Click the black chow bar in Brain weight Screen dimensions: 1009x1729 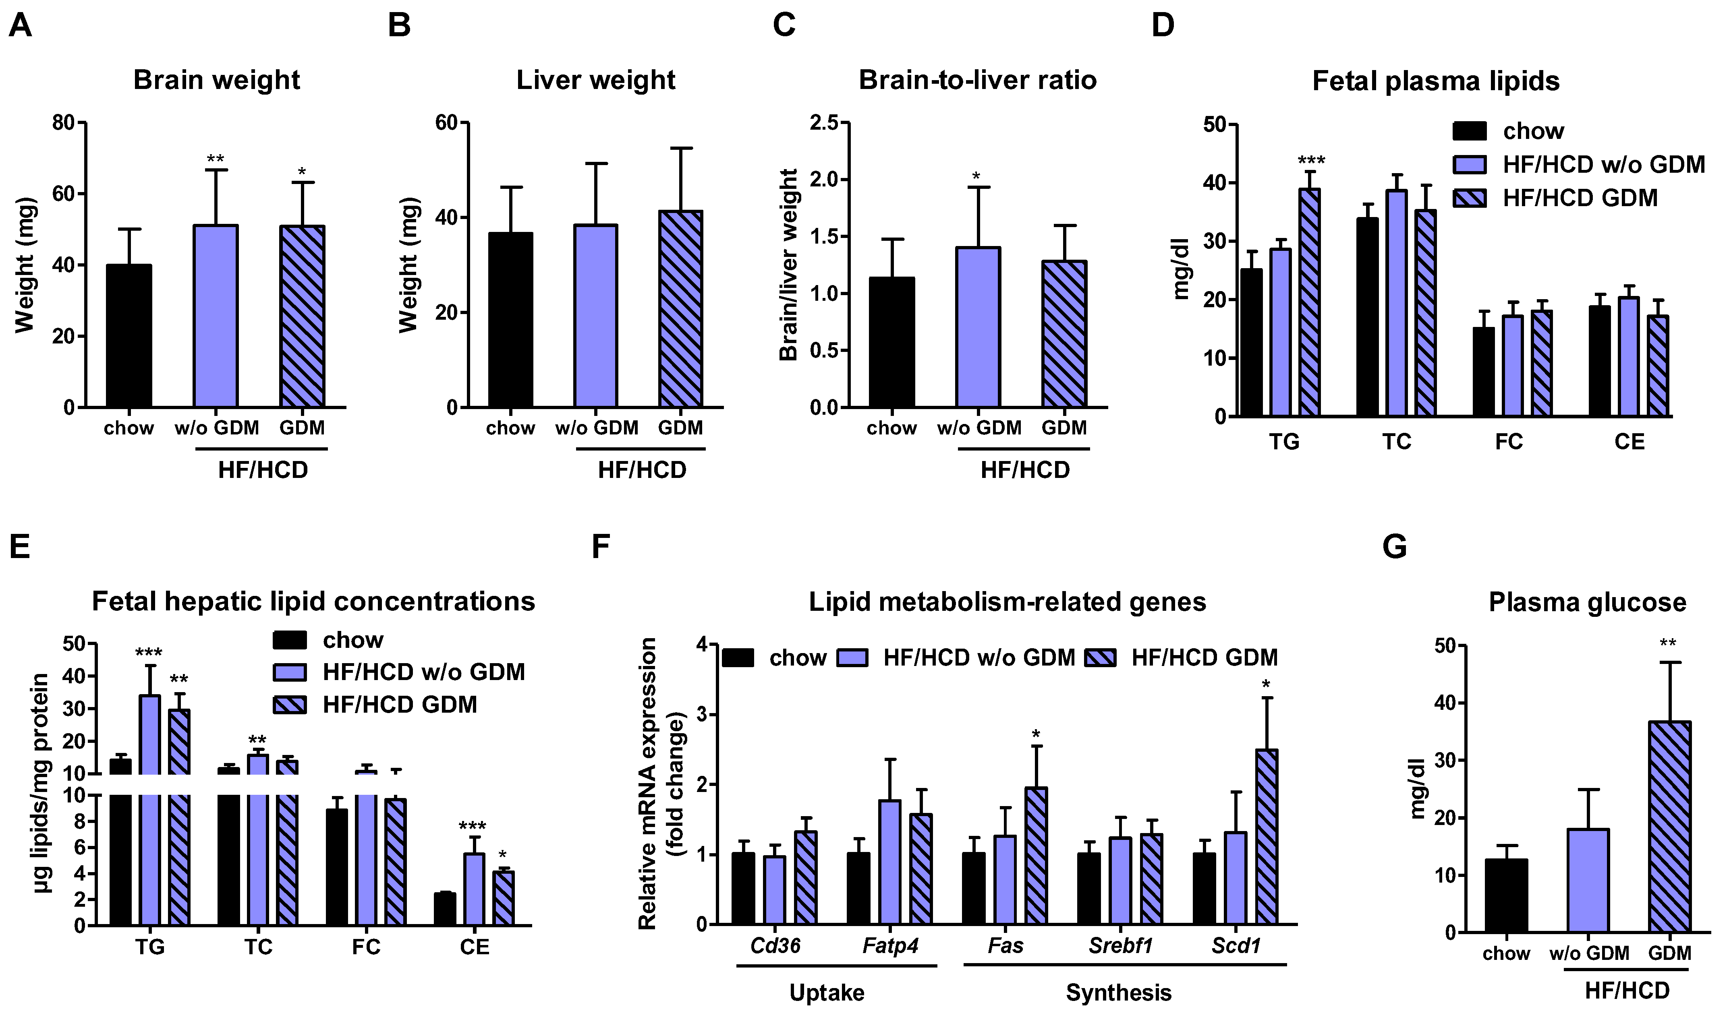(x=129, y=336)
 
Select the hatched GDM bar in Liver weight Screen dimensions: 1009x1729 (x=681, y=309)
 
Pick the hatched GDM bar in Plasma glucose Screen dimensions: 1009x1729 (x=1669, y=827)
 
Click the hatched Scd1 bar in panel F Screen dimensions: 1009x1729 (x=1267, y=837)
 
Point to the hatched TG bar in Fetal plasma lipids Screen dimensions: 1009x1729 (x=1310, y=302)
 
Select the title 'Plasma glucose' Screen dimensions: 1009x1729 (x=1587, y=602)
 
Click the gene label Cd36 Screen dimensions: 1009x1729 (x=775, y=946)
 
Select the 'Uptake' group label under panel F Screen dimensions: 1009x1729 (x=827, y=992)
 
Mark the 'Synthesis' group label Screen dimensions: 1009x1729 (x=1118, y=992)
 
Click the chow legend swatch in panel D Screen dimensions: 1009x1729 (x=1470, y=131)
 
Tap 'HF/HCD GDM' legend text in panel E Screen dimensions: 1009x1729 (x=399, y=705)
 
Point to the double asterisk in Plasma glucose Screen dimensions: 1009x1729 (x=1668, y=643)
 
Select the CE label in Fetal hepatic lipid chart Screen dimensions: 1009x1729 (x=474, y=947)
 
